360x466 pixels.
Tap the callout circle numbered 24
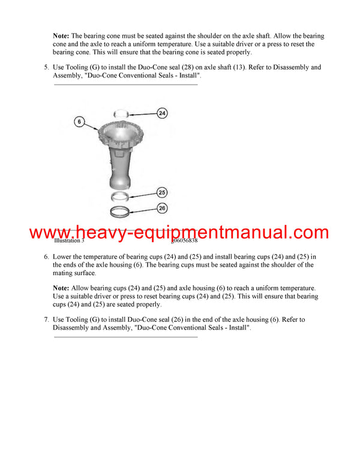pos(162,113)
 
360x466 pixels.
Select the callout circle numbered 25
pos(162,193)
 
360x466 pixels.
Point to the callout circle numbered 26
pos(162,209)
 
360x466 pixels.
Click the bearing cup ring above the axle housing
pos(121,112)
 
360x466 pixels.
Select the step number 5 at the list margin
pos(46,68)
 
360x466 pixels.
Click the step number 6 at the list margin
pos(46,257)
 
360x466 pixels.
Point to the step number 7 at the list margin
pos(46,320)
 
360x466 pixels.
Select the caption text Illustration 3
pos(69,241)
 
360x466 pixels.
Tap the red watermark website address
pos(179,232)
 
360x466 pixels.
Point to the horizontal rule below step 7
pos(126,337)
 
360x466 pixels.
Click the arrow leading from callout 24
pos(143,112)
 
